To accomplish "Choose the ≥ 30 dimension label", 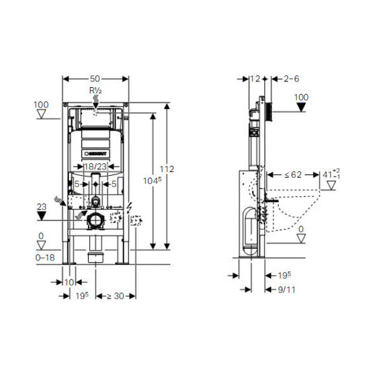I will click(x=116, y=297).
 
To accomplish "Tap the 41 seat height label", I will click(x=330, y=175).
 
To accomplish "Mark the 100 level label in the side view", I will click(x=301, y=97).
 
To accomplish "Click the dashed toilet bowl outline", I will click(x=302, y=210).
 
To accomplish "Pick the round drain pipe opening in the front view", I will click(x=96, y=218).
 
